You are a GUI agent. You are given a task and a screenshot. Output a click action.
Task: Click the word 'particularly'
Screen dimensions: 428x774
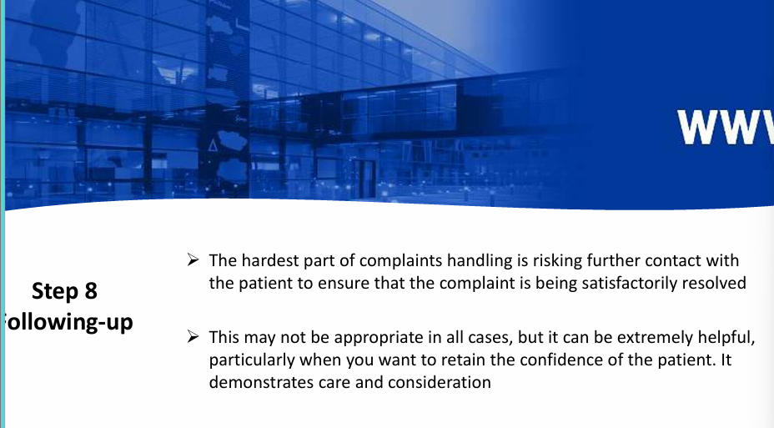tap(251, 360)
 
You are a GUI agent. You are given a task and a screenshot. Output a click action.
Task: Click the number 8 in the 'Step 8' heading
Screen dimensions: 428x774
tap(90, 291)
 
